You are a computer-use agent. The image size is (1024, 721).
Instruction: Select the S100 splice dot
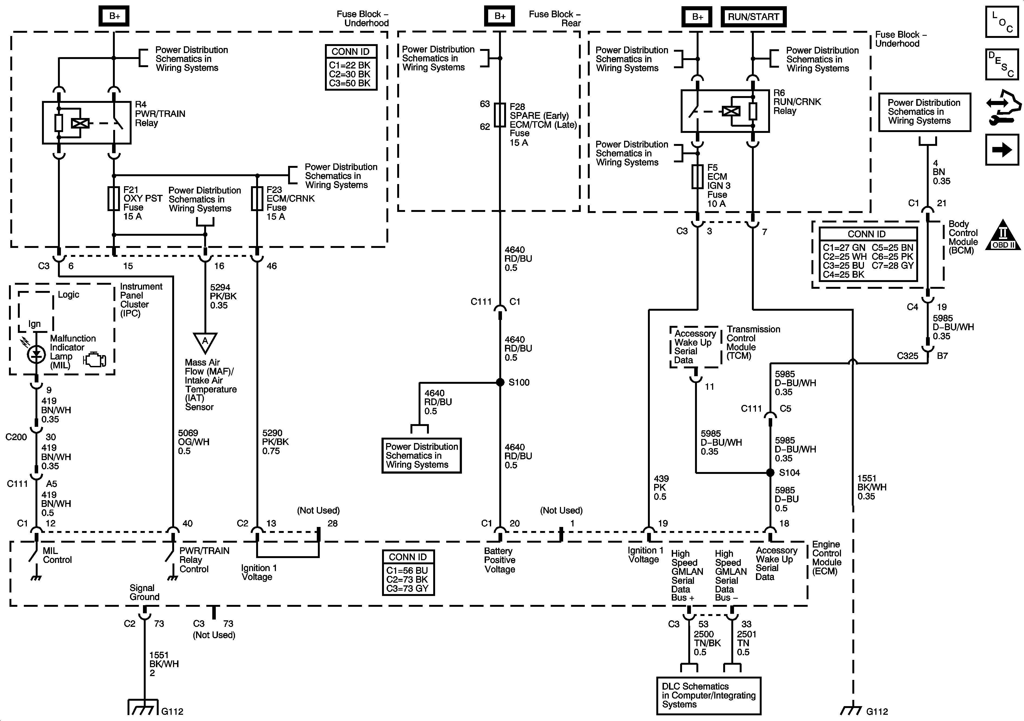(x=500, y=382)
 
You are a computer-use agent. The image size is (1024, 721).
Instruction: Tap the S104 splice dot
(x=770, y=473)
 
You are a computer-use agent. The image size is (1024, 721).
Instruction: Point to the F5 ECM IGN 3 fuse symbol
(x=697, y=176)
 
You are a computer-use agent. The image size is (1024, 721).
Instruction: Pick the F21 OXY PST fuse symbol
(x=114, y=198)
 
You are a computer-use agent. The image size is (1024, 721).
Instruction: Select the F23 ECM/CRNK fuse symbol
(x=257, y=198)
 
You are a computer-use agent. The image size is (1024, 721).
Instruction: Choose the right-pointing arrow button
(x=1002, y=150)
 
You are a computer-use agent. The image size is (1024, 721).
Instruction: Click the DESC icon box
(x=1002, y=65)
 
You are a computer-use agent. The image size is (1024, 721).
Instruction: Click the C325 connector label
(x=908, y=356)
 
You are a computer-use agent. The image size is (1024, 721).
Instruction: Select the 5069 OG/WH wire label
(x=194, y=442)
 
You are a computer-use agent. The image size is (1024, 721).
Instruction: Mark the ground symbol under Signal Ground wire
(x=144, y=706)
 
